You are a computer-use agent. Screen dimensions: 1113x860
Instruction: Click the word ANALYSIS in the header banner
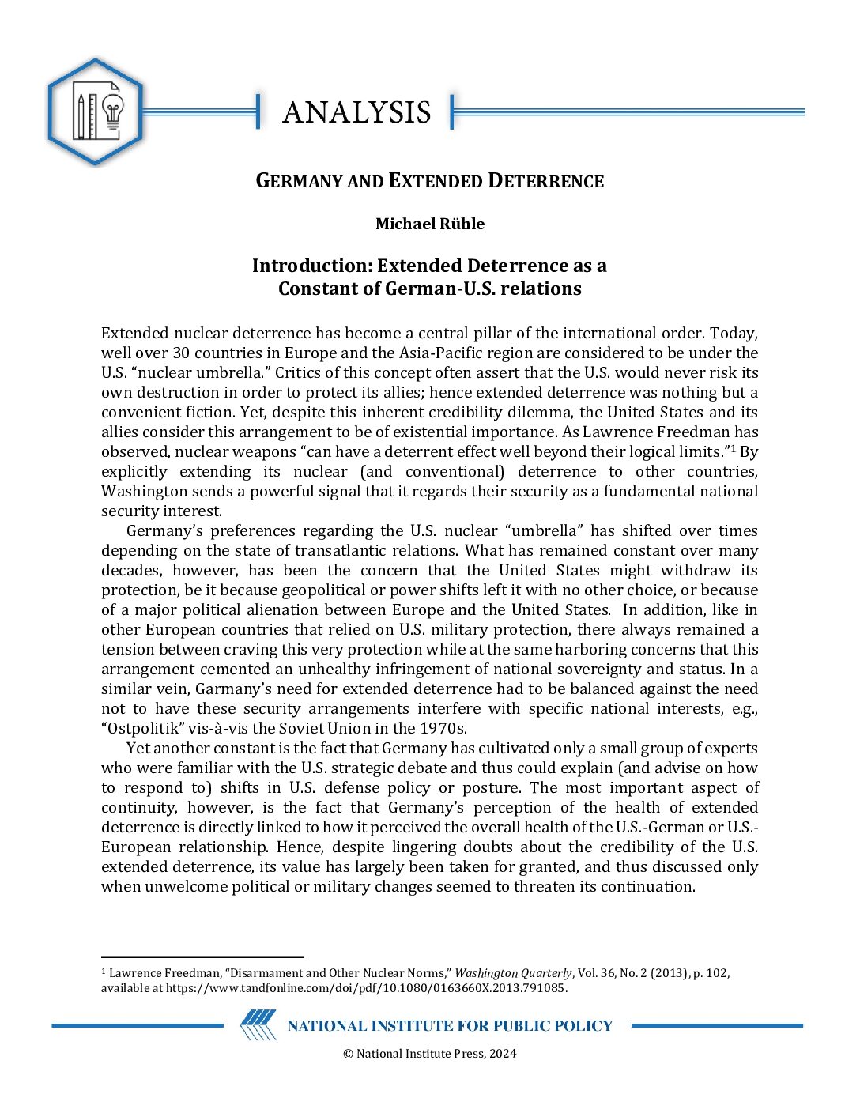pos(356,112)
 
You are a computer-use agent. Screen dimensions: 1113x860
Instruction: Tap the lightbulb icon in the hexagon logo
pos(113,113)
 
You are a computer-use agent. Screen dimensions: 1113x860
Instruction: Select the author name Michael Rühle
pos(430,224)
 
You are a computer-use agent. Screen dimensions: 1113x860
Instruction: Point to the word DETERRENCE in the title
pos(545,181)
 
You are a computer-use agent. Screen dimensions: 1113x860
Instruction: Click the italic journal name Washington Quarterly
pos(513,973)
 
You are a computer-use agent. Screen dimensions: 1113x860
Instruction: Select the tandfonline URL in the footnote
pos(366,987)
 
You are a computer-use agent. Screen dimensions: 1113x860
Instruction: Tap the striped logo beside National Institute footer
pos(258,1025)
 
